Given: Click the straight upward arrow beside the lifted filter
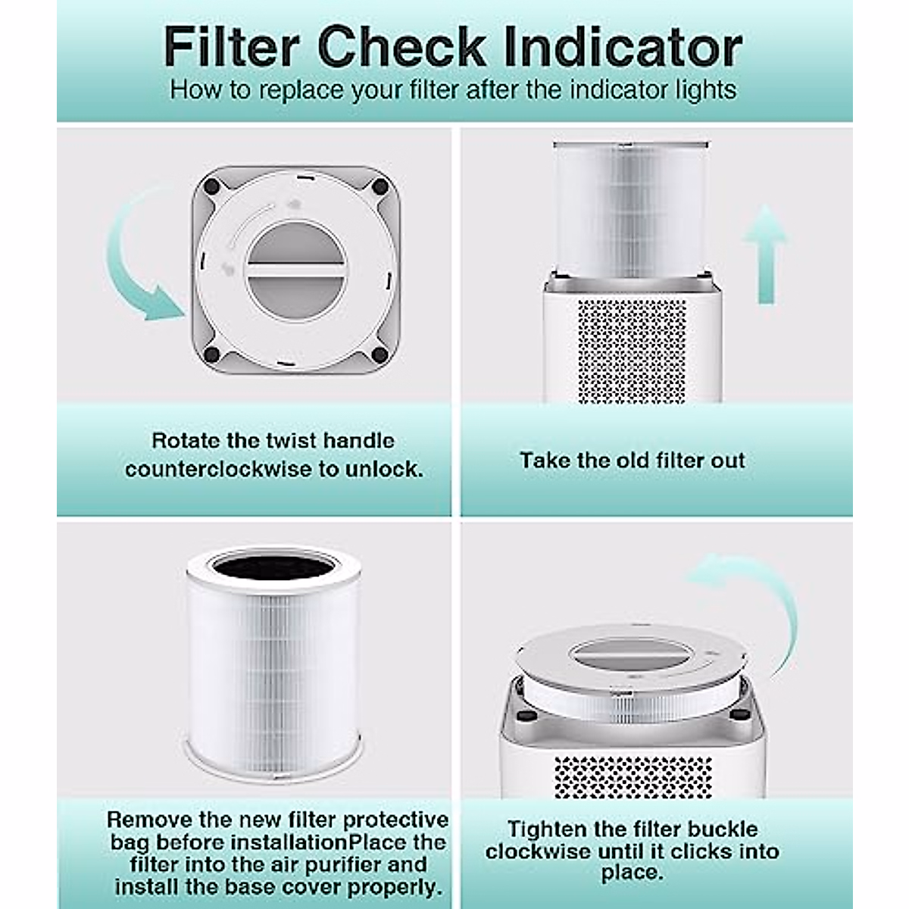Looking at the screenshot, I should click(x=766, y=254).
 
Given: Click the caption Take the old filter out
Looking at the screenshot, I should click(x=632, y=461).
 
